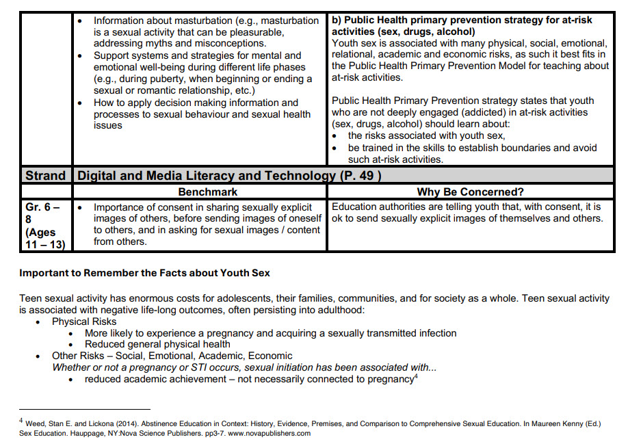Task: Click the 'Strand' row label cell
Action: coord(46,176)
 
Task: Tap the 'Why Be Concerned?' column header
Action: coord(470,192)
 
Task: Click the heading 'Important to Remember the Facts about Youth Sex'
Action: coord(144,273)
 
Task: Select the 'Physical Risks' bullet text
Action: coord(84,321)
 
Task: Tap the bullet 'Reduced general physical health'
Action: coord(157,344)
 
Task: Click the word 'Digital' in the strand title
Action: coord(99,176)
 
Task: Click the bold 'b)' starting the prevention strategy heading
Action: coord(338,21)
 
